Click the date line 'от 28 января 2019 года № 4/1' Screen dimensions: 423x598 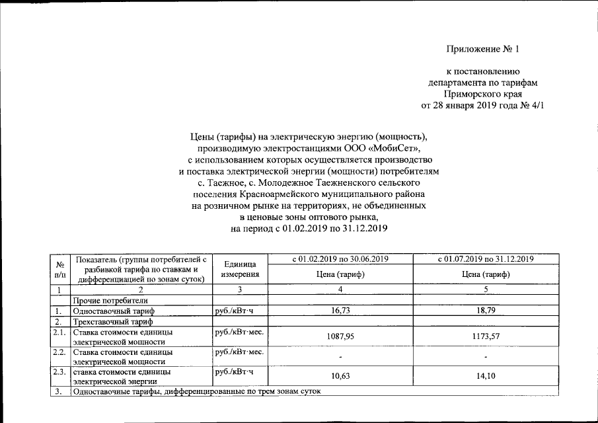point(482,105)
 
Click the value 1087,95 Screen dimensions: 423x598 point(340,336)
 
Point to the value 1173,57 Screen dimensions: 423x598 point(486,336)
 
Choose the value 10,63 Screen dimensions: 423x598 point(340,375)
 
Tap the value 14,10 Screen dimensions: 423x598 point(486,375)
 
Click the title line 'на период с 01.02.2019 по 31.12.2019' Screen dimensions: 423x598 point(308,228)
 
